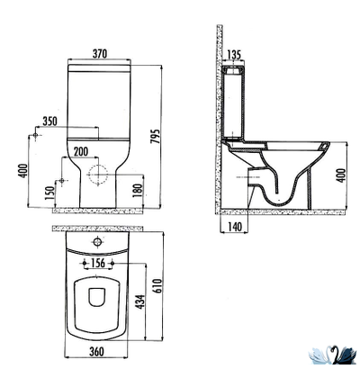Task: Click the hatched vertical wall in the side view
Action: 213,126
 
